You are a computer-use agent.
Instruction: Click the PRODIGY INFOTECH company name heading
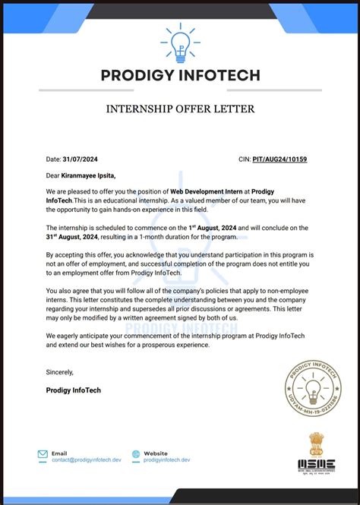(180, 75)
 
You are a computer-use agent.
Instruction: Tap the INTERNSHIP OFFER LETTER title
(180, 109)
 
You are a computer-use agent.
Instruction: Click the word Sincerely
(60, 372)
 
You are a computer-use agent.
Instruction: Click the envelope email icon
(43, 455)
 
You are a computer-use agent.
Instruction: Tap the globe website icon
(135, 455)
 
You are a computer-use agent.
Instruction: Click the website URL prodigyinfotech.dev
(166, 460)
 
